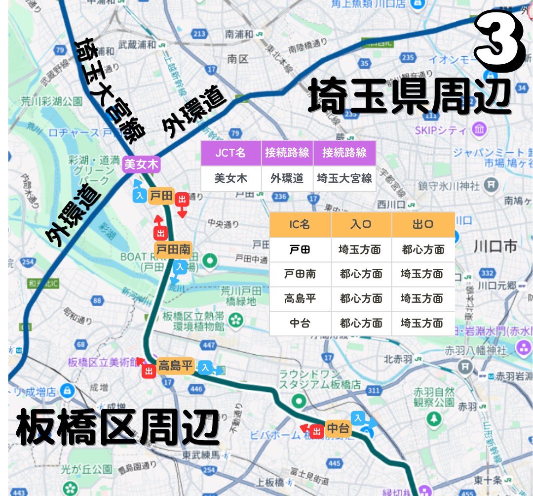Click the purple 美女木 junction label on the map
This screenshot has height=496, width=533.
(x=142, y=164)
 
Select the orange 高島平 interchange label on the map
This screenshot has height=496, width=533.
(x=174, y=366)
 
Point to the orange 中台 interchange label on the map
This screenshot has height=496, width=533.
(x=339, y=428)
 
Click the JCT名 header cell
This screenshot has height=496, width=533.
(x=230, y=152)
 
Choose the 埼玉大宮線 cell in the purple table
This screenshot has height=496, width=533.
(x=344, y=178)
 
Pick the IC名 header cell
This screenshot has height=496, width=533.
(x=300, y=224)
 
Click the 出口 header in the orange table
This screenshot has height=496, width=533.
(x=423, y=224)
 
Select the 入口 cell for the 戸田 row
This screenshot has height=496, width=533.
(x=360, y=249)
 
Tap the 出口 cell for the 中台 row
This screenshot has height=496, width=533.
(x=423, y=324)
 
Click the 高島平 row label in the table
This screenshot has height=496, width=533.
(x=300, y=299)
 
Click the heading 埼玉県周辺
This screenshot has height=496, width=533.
(x=409, y=97)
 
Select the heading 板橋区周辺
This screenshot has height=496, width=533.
(x=117, y=427)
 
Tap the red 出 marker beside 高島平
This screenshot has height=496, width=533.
(x=149, y=372)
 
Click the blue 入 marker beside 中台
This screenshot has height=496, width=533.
(x=359, y=418)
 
